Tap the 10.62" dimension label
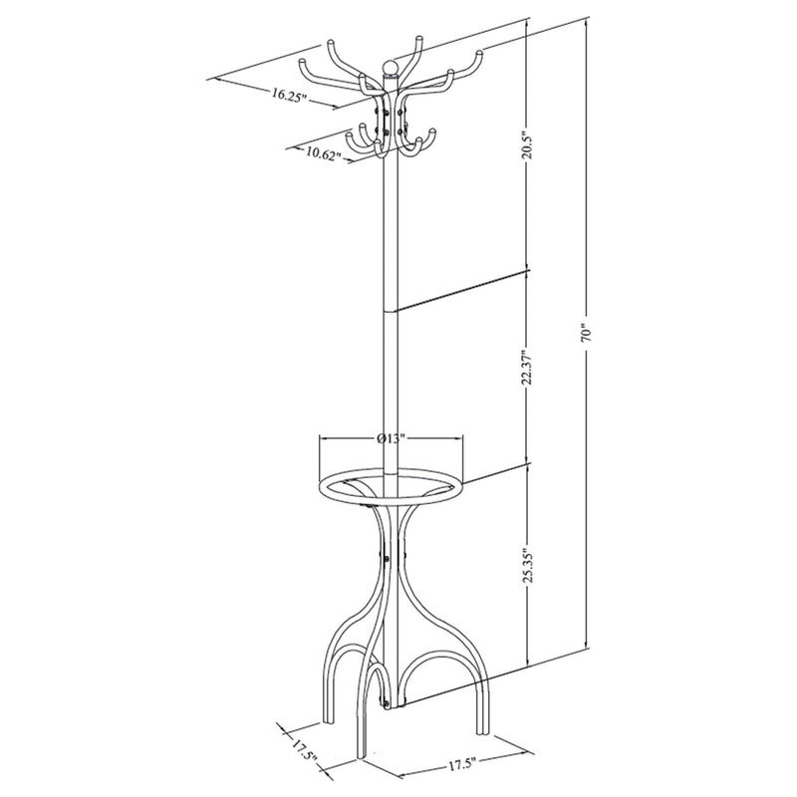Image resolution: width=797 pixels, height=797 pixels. coord(323,153)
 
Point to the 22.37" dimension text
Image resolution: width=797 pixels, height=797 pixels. coord(528,367)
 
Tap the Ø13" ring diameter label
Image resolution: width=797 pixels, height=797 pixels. coord(391,439)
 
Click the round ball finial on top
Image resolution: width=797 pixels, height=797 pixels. coord(390,68)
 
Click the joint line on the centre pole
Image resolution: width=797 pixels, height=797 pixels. coord(390,310)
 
